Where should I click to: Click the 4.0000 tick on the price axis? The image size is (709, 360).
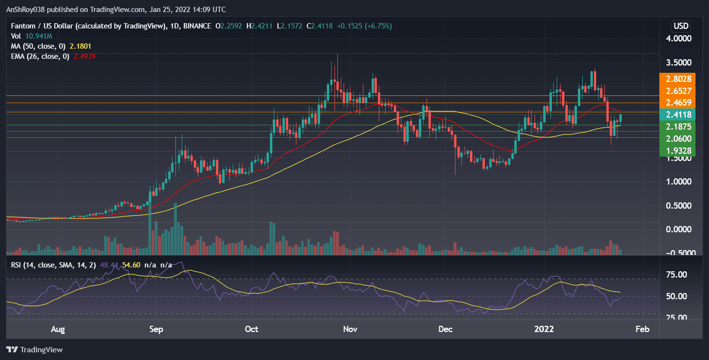pyautogui.click(x=681, y=39)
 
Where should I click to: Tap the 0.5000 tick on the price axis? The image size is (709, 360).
pyautogui.click(x=681, y=206)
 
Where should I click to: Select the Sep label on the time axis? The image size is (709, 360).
pyautogui.click(x=156, y=329)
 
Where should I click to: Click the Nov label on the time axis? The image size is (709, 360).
pyautogui.click(x=349, y=329)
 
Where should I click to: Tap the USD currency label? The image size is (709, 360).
pyautogui.click(x=681, y=26)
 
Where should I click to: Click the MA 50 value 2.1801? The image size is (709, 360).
pyautogui.click(x=80, y=46)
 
